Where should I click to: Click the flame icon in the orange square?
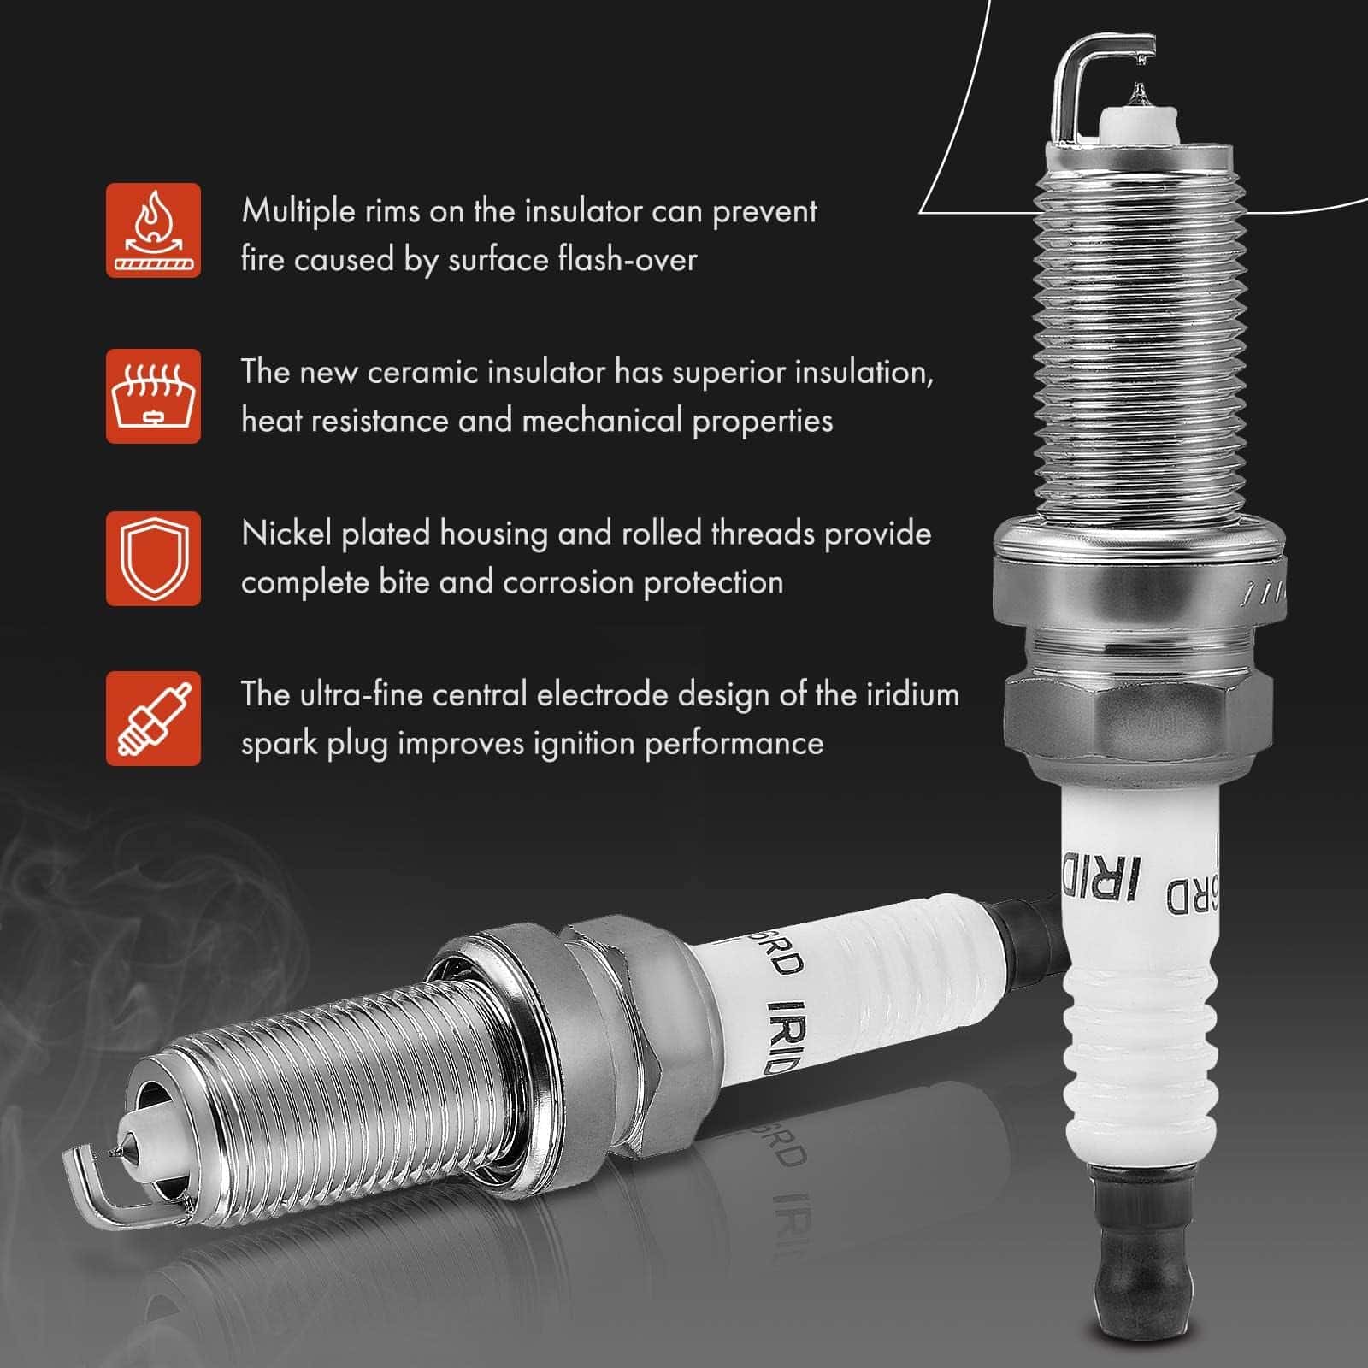point(153,230)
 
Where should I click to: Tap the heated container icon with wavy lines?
point(153,396)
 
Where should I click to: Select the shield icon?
point(153,558)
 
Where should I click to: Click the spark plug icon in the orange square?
point(153,718)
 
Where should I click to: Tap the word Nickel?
point(286,534)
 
